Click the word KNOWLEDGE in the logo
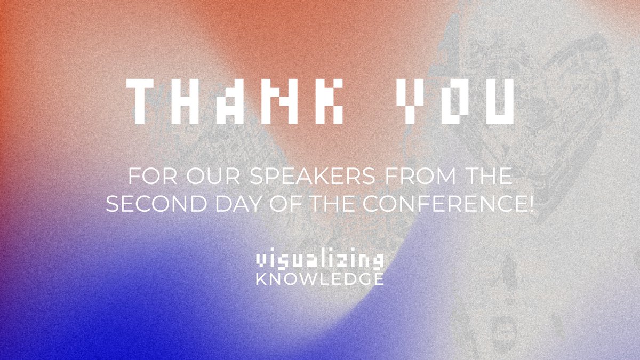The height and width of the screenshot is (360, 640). click(319, 279)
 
